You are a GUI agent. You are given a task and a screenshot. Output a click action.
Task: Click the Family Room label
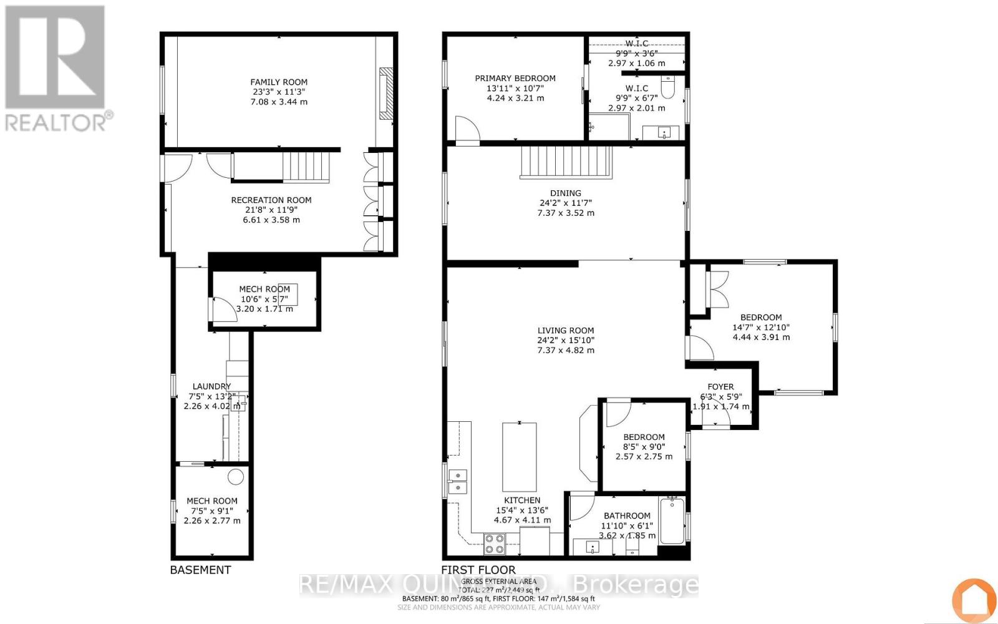pyautogui.click(x=279, y=82)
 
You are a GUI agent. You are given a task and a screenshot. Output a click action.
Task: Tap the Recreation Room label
pyautogui.click(x=271, y=200)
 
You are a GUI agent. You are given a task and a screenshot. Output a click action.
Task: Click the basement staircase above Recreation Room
pyautogui.click(x=306, y=167)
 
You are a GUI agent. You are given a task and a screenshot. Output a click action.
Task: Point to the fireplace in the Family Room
pyautogui.click(x=387, y=92)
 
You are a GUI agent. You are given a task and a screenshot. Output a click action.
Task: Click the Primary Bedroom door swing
pyautogui.click(x=467, y=130)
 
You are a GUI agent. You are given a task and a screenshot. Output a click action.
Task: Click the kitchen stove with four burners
pyautogui.click(x=495, y=544)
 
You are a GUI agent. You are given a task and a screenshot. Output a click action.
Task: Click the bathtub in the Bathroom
pyautogui.click(x=672, y=522)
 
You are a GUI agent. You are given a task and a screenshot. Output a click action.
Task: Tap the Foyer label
pyautogui.click(x=720, y=387)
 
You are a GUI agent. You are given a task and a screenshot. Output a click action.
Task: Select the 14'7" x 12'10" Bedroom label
pyautogui.click(x=761, y=317)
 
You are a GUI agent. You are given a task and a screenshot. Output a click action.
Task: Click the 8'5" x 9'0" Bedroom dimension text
pyautogui.click(x=644, y=447)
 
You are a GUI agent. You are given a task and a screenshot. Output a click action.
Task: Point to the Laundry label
pyautogui.click(x=211, y=386)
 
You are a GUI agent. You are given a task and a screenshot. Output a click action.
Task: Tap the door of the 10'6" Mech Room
pyautogui.click(x=223, y=310)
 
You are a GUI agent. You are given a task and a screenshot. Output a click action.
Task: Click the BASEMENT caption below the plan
pyautogui.click(x=200, y=570)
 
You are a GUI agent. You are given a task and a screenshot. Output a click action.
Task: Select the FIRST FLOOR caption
pyautogui.click(x=478, y=570)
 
